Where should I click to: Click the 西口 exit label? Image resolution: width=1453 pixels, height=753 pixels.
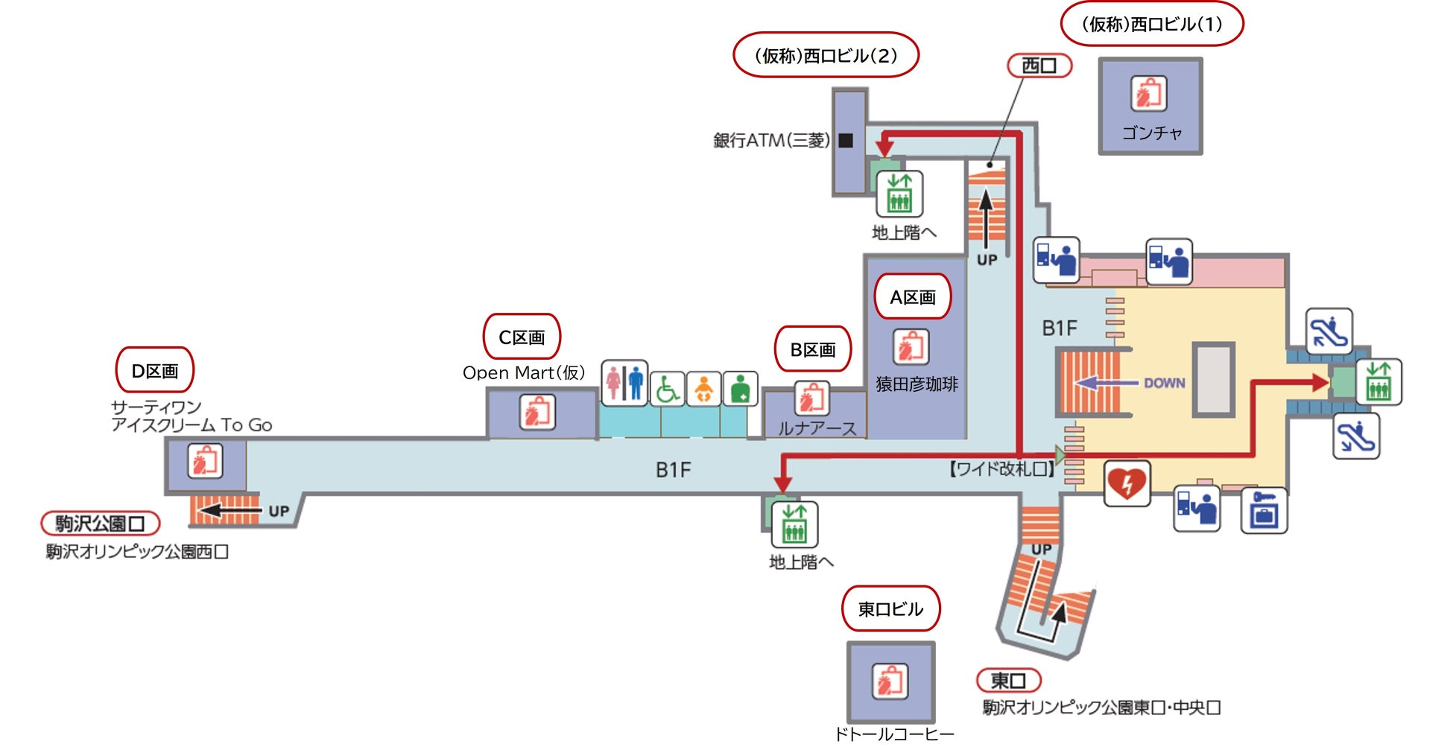pos(1039,66)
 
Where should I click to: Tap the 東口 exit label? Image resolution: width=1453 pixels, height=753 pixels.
pos(1007,680)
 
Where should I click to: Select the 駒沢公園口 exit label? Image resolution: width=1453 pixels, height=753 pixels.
pos(100,524)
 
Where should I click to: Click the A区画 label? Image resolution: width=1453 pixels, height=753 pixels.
pos(912,297)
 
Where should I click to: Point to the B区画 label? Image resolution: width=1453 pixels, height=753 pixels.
pos(812,349)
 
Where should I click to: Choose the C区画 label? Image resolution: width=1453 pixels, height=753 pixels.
pos(522,337)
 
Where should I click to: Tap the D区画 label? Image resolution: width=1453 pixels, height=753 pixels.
pos(154,370)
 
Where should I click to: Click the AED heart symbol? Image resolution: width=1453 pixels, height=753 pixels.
pos(1127,483)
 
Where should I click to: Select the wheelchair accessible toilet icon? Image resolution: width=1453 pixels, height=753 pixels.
pos(668,389)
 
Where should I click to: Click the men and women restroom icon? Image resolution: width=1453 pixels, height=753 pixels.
pos(624,383)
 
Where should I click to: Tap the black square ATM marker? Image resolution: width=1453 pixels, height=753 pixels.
pos(846,140)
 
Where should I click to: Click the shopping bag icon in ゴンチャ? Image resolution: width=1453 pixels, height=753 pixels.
pos(1148,94)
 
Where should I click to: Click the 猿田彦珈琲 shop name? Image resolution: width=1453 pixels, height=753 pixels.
pos(917,384)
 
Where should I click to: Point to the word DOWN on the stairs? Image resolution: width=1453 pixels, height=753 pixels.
pos(1164,383)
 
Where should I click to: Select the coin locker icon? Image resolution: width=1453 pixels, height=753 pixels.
pos(1264,510)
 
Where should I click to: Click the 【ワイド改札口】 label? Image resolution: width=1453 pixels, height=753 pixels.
pos(1001,469)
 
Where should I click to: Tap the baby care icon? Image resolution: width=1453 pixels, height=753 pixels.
pos(703,389)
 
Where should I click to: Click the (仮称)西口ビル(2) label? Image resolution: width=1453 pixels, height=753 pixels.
pos(826,55)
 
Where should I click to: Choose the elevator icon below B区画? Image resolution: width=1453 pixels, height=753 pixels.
pos(794,524)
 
